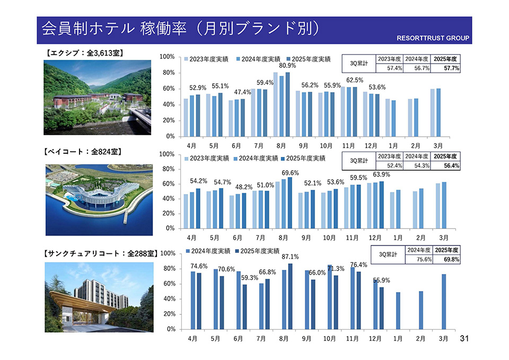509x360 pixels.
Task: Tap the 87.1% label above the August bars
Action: pos(289,257)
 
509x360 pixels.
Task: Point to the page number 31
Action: pos(465,338)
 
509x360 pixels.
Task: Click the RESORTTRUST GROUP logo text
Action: pos(433,39)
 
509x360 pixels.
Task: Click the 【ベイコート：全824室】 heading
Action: pos(83,152)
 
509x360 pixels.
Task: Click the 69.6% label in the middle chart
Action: pos(290,173)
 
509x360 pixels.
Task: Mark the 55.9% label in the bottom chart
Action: pos(381,280)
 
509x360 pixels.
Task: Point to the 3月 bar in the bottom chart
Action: pos(443,301)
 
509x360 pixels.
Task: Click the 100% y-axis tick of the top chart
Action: pos(167,57)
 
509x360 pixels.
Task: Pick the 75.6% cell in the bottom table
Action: pos(418,259)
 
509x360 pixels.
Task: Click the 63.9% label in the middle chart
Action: pos(381,174)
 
